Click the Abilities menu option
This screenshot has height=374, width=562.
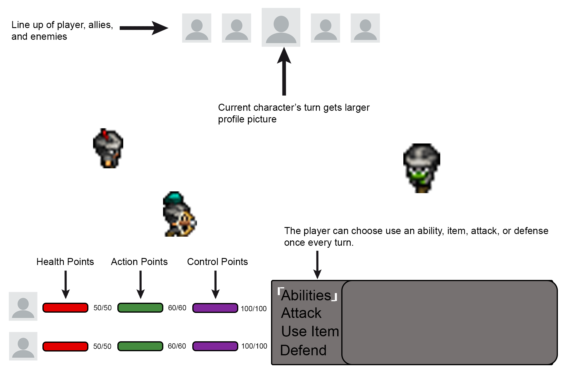306,295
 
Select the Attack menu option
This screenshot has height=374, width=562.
301,313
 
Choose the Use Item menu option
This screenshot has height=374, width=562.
310,331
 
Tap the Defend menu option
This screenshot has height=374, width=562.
303,350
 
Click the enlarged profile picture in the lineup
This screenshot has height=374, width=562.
281,27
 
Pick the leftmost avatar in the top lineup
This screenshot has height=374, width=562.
197,28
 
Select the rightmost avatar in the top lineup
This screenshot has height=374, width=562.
365,28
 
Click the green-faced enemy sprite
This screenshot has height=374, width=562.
421,168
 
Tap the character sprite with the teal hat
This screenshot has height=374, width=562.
179,214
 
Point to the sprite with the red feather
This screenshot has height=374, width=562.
108,148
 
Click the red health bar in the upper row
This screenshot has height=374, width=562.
65,308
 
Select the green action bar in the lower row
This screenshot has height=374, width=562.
140,346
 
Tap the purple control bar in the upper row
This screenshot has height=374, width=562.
215,308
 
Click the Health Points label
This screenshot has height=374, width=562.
65,262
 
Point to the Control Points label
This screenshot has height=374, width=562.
217,262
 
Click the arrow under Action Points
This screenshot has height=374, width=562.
140,284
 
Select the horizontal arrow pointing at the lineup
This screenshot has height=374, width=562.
143,28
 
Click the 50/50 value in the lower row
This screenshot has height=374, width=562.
102,346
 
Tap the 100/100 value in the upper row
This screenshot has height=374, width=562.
253,309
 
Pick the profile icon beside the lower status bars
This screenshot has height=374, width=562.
23,346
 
